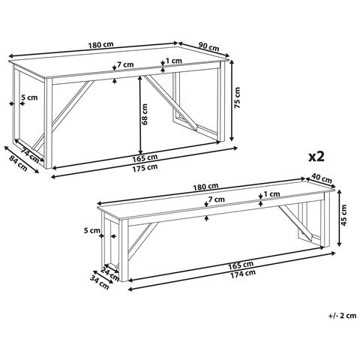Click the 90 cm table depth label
pos(208,46)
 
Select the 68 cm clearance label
pos(145,114)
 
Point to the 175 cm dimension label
pos(145,167)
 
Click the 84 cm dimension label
pos(18,163)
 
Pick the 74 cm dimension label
pos(30,155)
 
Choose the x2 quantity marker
pos(316,157)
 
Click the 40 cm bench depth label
pos(322,178)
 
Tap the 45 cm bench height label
pos(344,215)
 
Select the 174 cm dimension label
pos(243,274)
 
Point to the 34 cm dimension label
pos(100,283)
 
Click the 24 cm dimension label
pos(110,274)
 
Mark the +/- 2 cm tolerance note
pos(342,316)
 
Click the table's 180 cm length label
pos(100,45)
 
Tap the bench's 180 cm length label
pos(205,187)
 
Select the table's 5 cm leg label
pos(29,97)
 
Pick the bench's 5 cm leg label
pos(91,230)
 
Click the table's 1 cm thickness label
pos(174,61)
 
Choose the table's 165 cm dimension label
pos(145,157)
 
